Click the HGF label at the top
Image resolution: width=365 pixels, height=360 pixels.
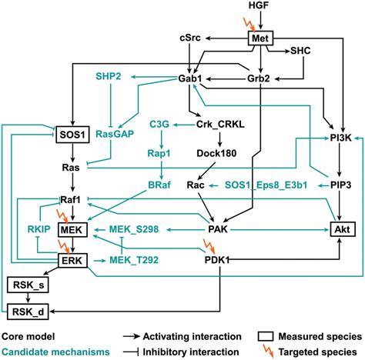click(x=259, y=6)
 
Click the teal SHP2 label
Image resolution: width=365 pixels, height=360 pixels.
click(x=109, y=78)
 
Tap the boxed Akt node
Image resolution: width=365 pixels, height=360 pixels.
click(x=339, y=229)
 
